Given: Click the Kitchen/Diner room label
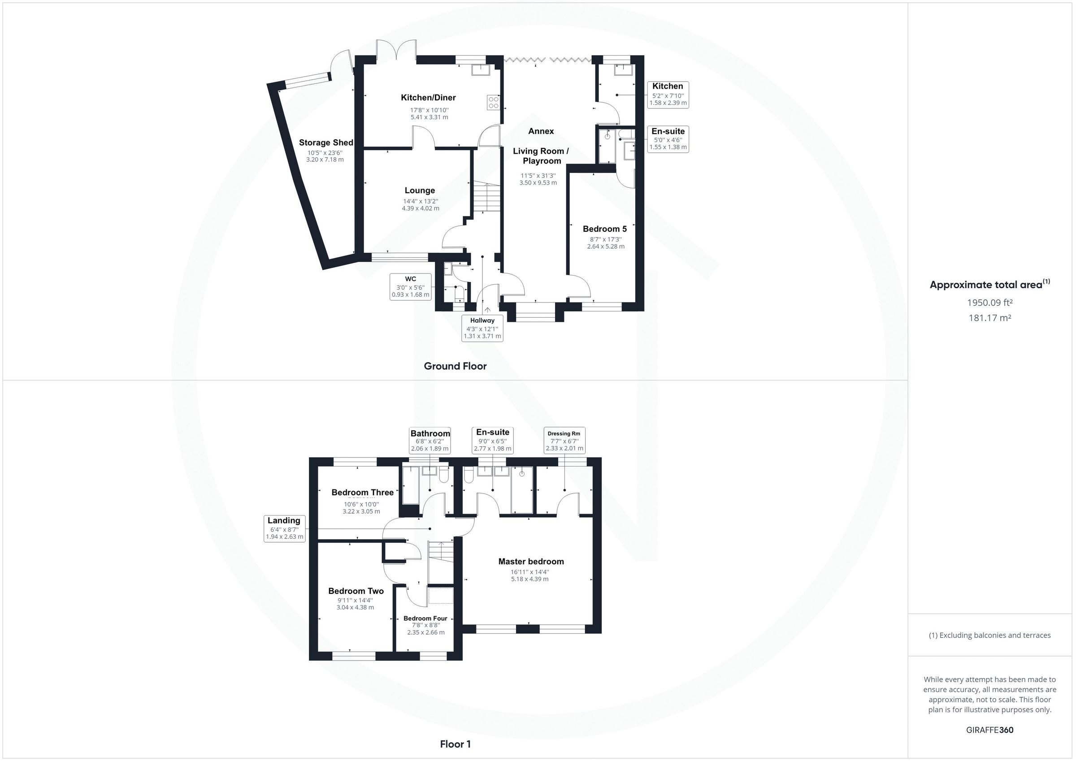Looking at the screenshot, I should point(428,97).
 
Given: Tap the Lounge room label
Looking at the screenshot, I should point(420,190).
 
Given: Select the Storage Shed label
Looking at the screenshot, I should point(325,143).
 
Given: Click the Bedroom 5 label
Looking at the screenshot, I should point(604,229).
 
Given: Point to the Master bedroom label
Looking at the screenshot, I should point(530,562).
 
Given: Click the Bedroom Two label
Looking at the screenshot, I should point(356,591).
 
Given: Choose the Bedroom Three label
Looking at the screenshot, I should point(362,492).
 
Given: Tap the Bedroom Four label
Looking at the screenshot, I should point(425,618).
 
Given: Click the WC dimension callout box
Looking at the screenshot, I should point(410,287).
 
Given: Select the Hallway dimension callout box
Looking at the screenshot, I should point(482,328).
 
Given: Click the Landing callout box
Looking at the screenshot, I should point(284,528).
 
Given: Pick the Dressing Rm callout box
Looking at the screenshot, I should point(564,441).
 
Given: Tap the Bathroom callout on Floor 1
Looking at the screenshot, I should point(430,441).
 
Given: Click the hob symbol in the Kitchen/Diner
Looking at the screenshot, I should point(493,102).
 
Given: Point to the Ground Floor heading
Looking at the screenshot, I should point(455,366).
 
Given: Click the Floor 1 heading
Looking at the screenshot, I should point(455,744).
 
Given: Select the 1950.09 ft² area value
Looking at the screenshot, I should point(989,303).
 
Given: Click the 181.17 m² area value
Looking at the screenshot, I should point(989,318).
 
